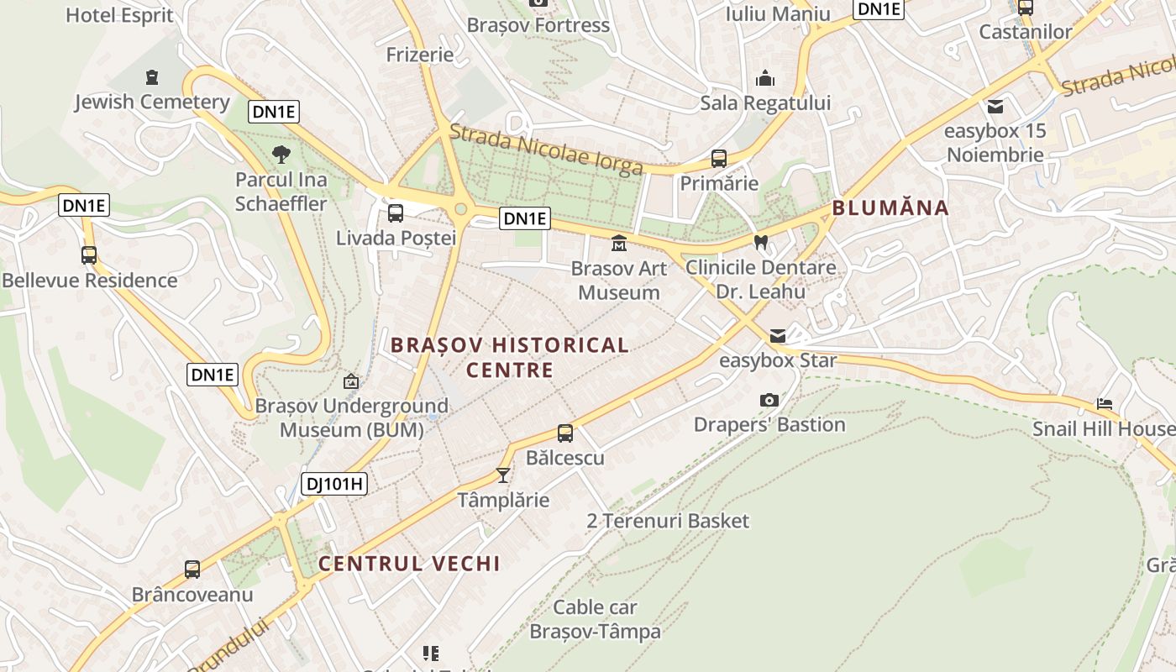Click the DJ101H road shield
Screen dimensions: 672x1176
(x=334, y=483)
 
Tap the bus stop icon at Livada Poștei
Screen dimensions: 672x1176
(x=396, y=213)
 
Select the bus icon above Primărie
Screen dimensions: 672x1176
(x=719, y=158)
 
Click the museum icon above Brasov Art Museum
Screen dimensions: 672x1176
(x=619, y=244)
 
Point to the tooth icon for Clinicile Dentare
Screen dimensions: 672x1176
(x=761, y=242)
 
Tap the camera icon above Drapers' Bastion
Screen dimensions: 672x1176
(x=769, y=400)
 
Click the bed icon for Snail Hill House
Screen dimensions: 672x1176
(x=1105, y=404)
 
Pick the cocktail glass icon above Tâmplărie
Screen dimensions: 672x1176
(x=503, y=475)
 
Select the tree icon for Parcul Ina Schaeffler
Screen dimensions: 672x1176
(x=281, y=154)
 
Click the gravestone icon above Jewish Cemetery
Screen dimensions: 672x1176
(x=152, y=77)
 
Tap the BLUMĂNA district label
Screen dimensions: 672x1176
(x=890, y=207)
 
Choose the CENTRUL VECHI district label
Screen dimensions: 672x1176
(x=409, y=563)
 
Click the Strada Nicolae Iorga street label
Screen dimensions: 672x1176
(x=546, y=150)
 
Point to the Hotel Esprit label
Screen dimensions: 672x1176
(x=119, y=14)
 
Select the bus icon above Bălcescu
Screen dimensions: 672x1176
(x=565, y=433)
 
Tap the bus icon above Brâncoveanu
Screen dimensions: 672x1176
(x=192, y=570)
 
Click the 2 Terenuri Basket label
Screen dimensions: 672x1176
(x=668, y=521)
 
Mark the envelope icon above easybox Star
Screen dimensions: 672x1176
(x=778, y=336)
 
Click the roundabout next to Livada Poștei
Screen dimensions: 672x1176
(x=460, y=209)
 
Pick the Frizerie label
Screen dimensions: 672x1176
(x=420, y=55)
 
